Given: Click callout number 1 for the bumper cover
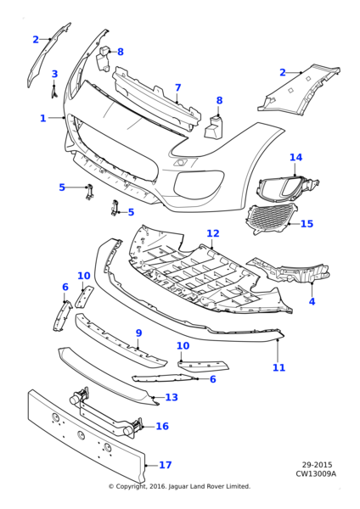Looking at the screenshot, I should point(42,119).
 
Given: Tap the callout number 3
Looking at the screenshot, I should point(54,75).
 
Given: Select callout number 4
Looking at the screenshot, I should point(312,301).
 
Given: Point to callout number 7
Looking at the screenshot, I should point(177,87).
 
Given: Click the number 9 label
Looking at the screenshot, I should point(138,333).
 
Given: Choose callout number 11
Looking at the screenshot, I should point(278,367).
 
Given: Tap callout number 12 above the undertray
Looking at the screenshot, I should point(212,233).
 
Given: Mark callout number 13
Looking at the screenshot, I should point(172,397).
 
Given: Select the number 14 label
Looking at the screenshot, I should point(295,158).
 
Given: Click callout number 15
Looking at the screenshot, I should point(307,224).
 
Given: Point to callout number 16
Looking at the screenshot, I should point(162,427).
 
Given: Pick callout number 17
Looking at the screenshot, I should point(165,465).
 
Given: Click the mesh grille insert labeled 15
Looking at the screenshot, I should point(272,219).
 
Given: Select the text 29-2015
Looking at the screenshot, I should point(318,465).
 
